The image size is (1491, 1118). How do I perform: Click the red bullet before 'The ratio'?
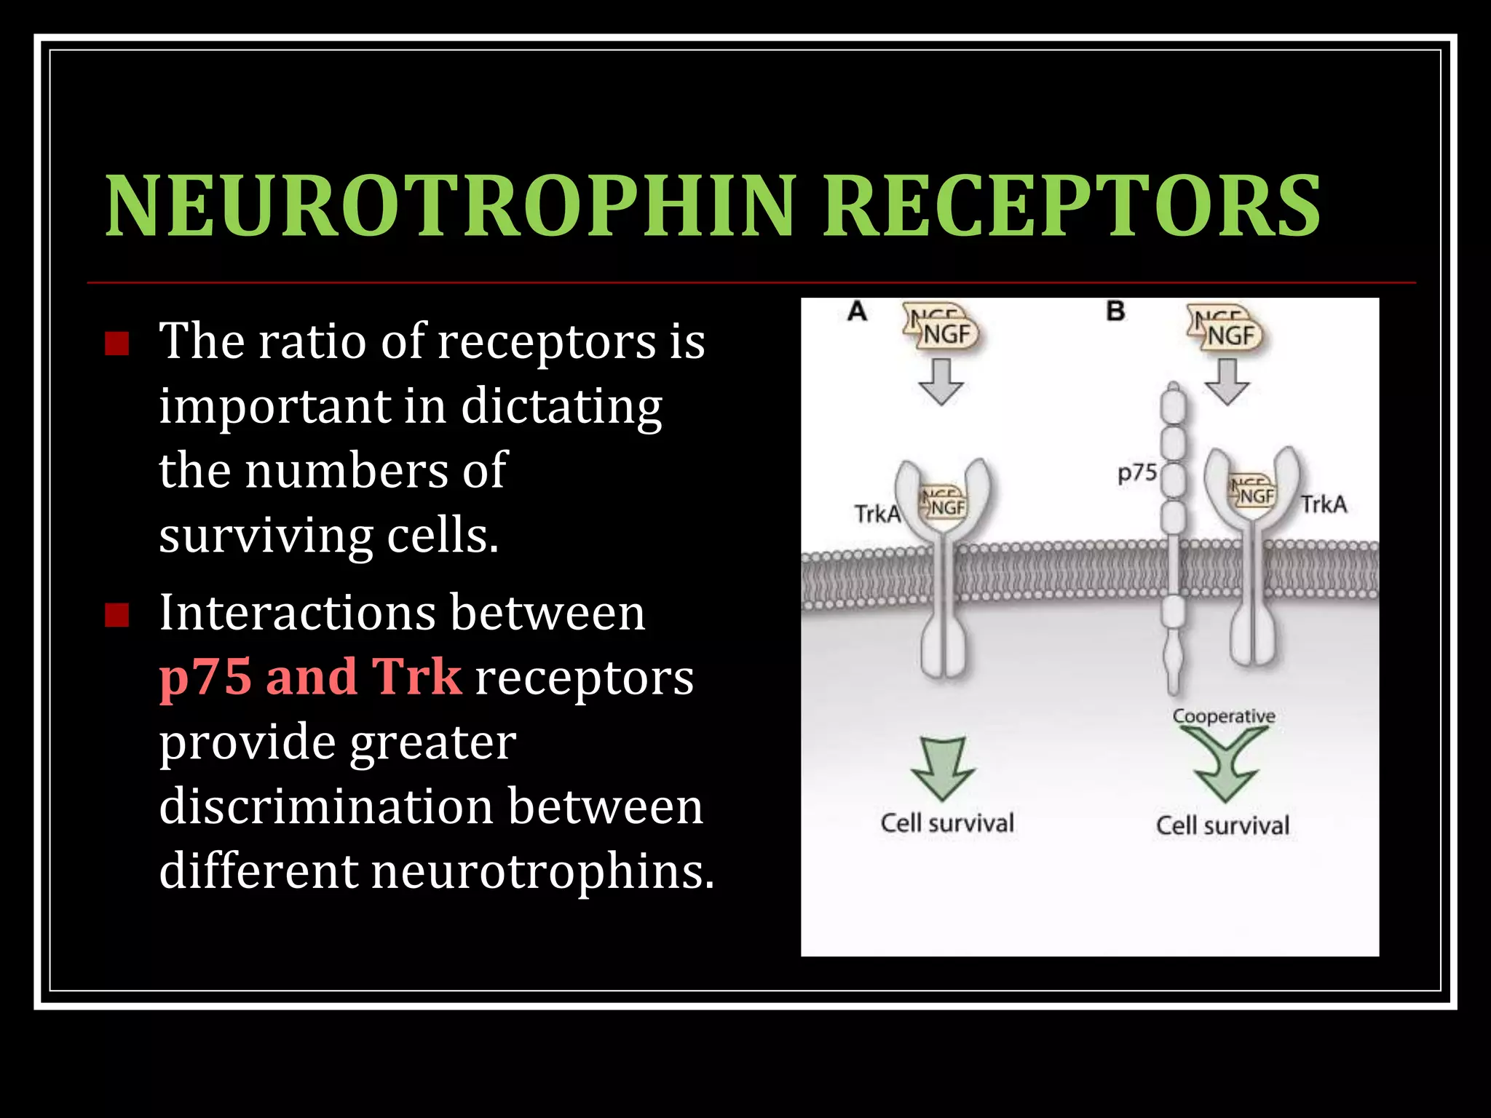pos(116,343)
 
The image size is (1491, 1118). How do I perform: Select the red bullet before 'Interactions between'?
pos(116,615)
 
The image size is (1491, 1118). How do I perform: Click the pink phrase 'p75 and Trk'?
pos(310,677)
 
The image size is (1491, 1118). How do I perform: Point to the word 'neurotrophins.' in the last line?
pos(543,871)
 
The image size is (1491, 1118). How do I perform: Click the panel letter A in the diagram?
pos(857,312)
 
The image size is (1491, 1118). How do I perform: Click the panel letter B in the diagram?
pos(1115,312)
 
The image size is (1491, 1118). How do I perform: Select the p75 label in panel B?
pos(1137,473)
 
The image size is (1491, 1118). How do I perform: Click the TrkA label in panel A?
pos(877,514)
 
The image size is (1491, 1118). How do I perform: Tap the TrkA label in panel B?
pos(1324,504)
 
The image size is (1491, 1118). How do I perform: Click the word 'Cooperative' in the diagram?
pos(1224,716)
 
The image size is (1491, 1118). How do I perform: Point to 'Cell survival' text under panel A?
pos(947,823)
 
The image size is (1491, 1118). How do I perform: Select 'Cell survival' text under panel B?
pos(1222,825)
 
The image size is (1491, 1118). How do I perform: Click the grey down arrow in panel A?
pos(941,381)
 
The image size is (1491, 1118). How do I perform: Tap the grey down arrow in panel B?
pos(1227,381)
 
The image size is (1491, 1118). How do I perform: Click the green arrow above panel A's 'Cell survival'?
pos(944,768)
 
